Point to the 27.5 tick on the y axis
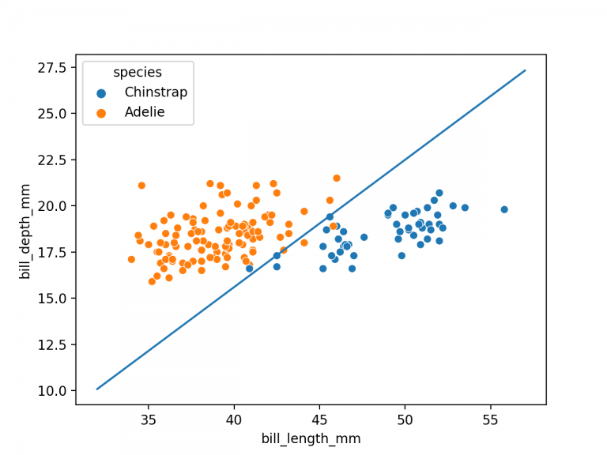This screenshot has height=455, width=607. point(53,67)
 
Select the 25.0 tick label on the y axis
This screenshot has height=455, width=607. point(53,113)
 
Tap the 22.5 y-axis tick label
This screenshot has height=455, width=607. point(53,160)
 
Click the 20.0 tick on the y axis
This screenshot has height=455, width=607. point(53,205)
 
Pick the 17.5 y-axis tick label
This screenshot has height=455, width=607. point(53,252)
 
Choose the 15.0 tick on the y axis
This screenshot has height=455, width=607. point(53,298)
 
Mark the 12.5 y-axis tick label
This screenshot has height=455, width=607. point(53,344)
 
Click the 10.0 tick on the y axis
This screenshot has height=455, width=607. point(53,390)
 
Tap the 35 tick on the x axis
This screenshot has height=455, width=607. point(148,419)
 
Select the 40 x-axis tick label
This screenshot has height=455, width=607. point(233,419)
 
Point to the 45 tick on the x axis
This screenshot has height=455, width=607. point(319,419)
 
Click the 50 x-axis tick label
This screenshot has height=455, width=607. point(405,419)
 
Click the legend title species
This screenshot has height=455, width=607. point(138,73)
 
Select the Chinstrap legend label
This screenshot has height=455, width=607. point(156,92)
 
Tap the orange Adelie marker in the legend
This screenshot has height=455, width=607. point(100,112)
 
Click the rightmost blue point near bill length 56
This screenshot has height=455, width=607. point(504,209)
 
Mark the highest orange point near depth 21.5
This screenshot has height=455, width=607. point(337,178)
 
